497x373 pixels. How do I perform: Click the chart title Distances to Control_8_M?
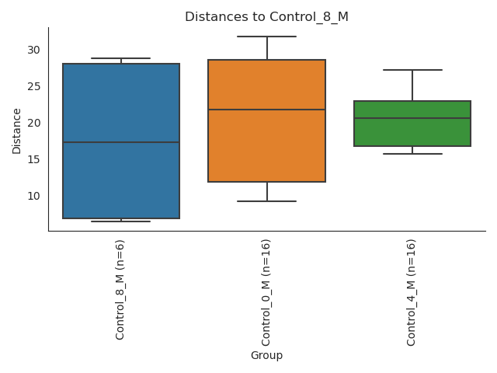pos(266,17)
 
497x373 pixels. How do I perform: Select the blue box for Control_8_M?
pos(121,179)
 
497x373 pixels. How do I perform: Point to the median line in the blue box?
pos(121,142)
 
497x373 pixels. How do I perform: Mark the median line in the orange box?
pos(266,110)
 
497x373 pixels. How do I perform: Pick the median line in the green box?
pos(412,118)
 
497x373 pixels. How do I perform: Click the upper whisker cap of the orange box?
pos(266,37)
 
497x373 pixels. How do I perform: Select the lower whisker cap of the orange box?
pos(266,201)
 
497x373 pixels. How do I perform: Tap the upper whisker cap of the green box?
pos(412,70)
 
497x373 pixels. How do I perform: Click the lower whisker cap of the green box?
pos(412,154)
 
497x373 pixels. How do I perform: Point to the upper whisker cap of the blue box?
pos(121,58)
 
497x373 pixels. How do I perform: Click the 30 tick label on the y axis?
pos(33,50)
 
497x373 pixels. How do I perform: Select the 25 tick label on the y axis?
pos(33,86)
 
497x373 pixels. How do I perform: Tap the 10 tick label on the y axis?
pos(33,196)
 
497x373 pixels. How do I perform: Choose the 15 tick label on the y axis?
pos(33,159)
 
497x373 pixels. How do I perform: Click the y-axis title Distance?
pos(17,131)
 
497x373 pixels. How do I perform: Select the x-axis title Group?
pos(266,355)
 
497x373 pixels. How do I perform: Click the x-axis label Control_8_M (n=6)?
pos(120,289)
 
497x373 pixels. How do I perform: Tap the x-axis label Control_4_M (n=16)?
pos(412,292)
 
